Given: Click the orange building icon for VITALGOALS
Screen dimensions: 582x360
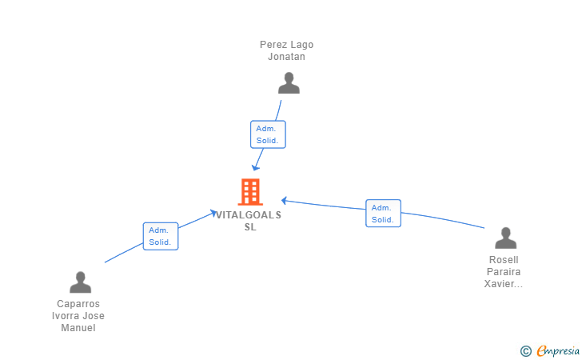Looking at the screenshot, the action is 250,192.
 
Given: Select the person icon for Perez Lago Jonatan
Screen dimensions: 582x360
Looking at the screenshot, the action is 289,83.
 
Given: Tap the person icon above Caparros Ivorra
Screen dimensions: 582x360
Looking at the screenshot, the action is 80,282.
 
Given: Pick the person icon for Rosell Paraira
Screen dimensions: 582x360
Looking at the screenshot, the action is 505,238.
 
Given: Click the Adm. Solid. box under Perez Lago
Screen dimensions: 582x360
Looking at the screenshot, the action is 268,134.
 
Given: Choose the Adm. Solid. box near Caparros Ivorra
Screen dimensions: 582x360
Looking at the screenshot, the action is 161,236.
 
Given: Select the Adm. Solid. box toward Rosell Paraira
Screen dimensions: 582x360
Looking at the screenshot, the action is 383,214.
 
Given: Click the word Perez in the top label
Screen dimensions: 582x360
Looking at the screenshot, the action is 270,45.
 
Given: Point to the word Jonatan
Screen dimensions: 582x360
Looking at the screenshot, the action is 286,57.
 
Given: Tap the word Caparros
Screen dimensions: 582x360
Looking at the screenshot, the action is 78,304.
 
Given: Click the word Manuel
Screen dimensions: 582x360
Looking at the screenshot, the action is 78,328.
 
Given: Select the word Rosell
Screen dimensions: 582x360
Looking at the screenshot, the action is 504,260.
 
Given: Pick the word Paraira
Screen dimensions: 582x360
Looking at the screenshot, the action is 504,271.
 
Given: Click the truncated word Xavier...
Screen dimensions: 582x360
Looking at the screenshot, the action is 504,284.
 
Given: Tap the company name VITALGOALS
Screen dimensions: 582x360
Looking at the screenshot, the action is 249,215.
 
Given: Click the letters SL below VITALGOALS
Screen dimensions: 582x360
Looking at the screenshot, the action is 250,227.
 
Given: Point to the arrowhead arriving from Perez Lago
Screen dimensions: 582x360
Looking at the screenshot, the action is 255,167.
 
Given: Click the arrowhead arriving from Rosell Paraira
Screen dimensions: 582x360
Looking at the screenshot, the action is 284,201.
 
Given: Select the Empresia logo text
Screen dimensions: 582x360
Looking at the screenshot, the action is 558,351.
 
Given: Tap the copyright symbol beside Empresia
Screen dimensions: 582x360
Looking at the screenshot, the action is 526,351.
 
